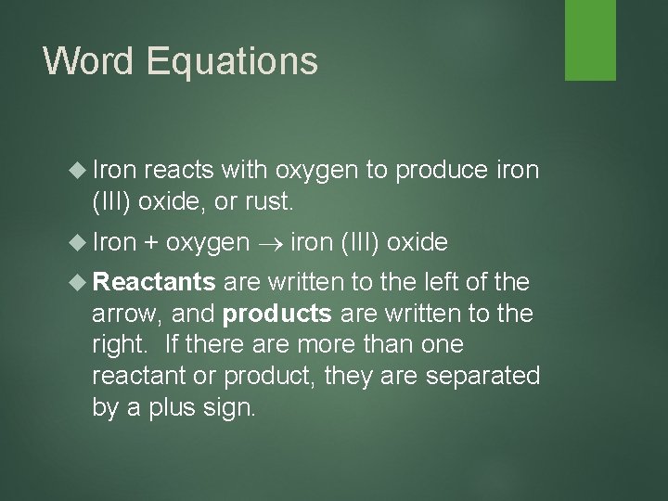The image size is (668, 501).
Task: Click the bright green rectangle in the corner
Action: [590, 40]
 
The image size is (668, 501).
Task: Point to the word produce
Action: [441, 171]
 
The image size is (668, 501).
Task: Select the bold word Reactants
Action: [154, 281]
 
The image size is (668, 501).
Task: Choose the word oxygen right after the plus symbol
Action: [209, 244]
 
